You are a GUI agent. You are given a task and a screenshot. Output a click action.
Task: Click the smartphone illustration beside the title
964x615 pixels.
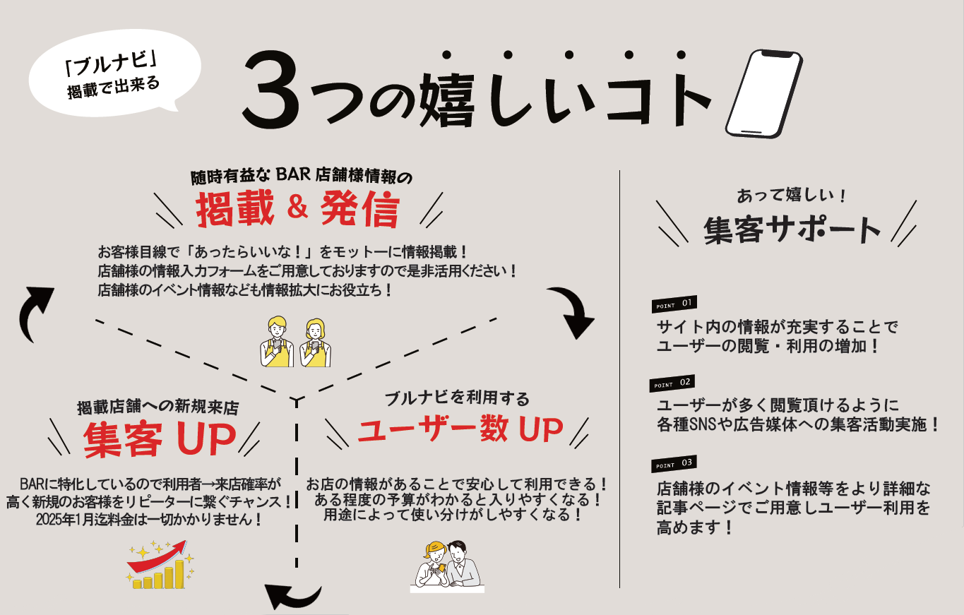[764, 94]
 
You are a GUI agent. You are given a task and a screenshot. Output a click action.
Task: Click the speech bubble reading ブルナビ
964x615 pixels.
[114, 73]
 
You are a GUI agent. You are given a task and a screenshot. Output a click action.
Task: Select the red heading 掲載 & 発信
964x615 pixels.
[298, 209]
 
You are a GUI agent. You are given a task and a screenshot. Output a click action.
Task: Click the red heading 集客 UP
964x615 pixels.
[160, 439]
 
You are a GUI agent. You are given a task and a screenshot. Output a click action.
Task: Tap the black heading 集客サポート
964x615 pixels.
[792, 229]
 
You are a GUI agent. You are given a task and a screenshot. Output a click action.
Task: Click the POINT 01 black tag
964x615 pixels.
[674, 304]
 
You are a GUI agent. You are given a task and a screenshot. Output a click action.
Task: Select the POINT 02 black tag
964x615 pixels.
[672, 383]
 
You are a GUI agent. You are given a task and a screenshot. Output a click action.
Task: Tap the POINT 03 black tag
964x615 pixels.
[674, 463]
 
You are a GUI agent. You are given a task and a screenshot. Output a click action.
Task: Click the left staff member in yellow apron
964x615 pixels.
[277, 342]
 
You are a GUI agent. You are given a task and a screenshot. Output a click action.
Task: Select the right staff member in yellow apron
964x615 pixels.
[316, 342]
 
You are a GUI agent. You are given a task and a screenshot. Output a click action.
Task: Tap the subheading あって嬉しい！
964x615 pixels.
[792, 196]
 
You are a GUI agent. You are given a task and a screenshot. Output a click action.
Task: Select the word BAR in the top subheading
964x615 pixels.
[293, 174]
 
